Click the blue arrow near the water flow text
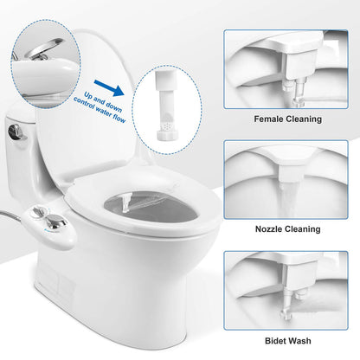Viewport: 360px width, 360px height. point(105,88)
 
